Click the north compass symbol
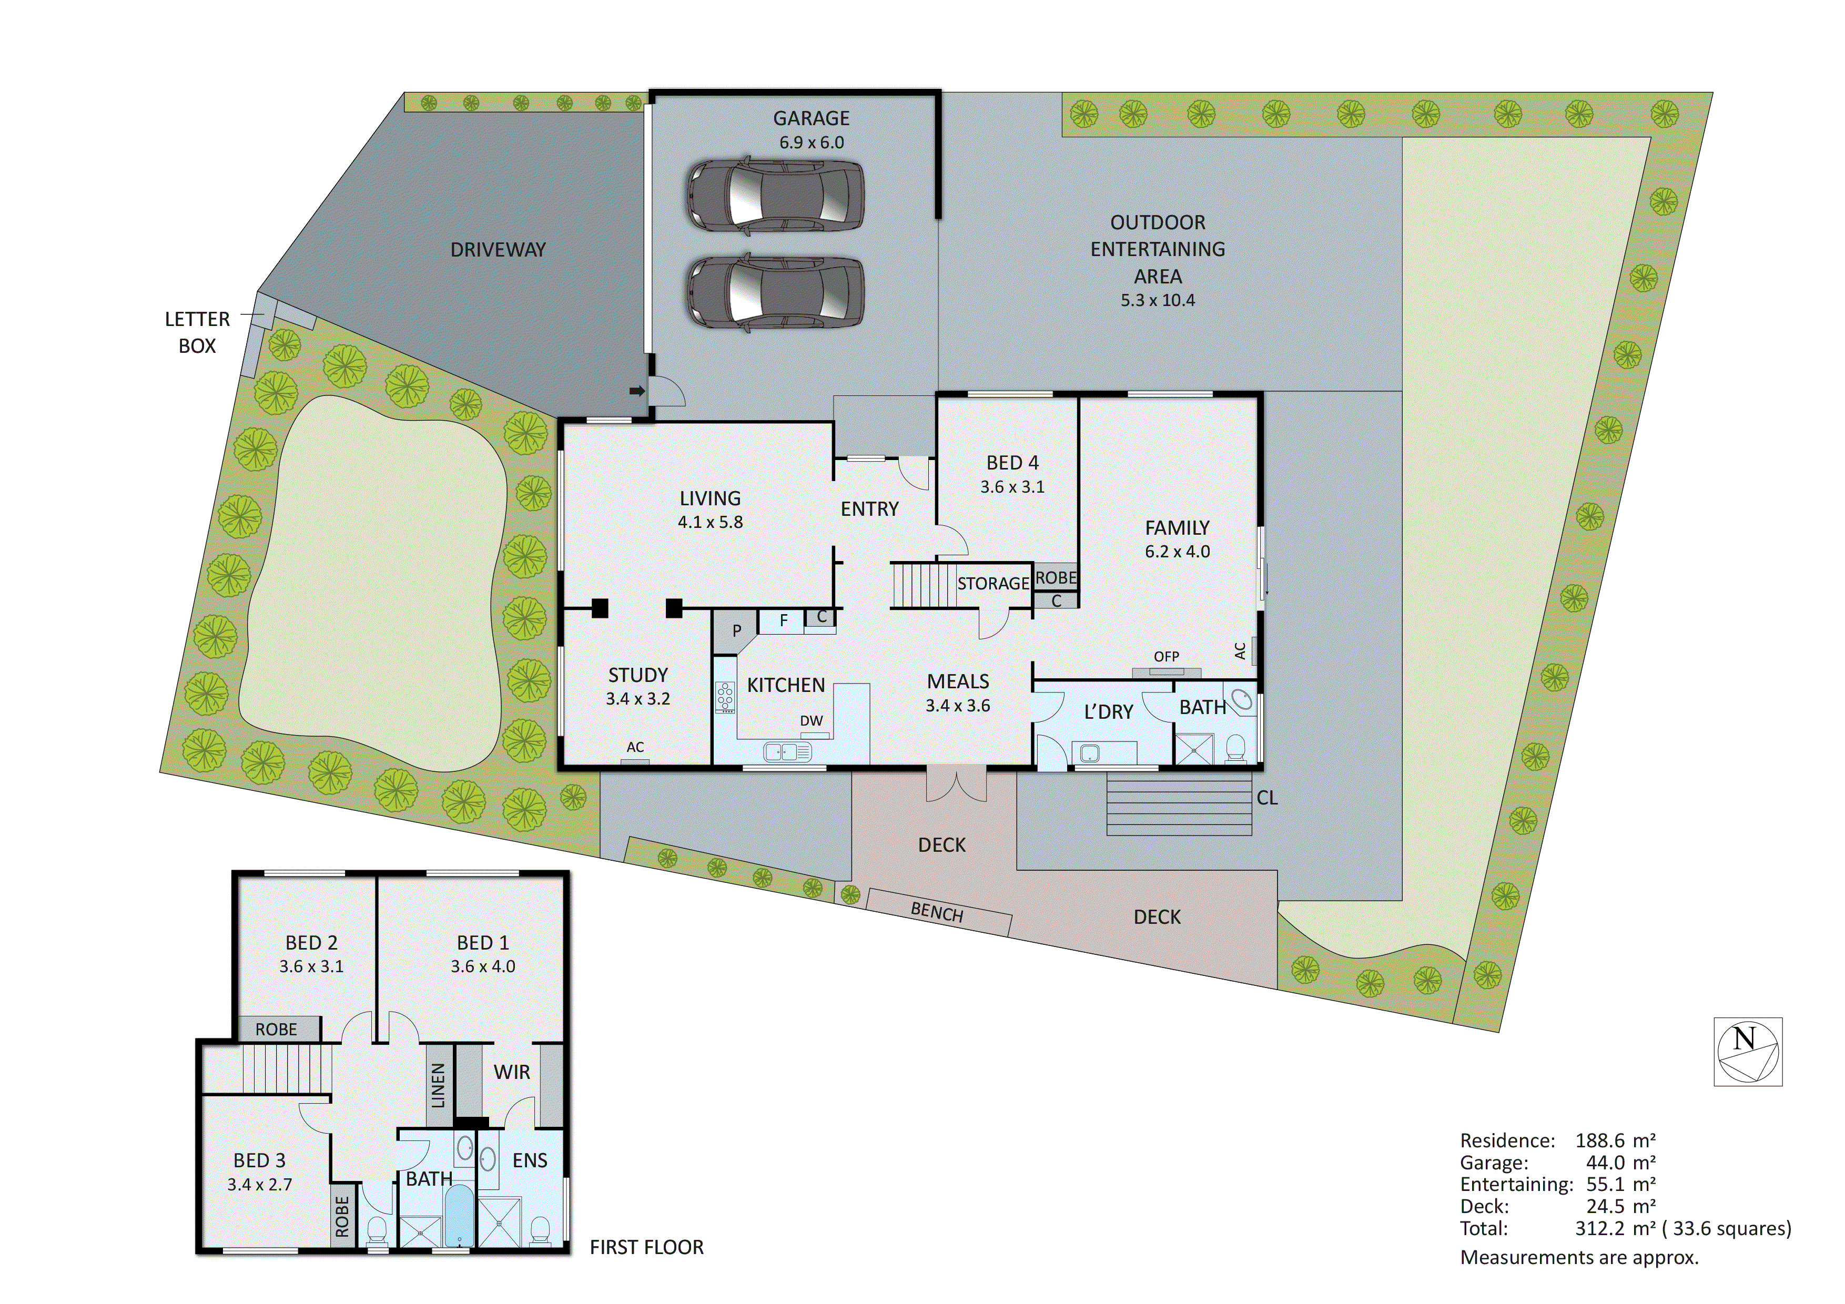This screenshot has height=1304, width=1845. click(x=1747, y=1052)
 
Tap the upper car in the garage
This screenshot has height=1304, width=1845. click(x=775, y=197)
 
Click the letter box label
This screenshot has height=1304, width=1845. click(x=197, y=332)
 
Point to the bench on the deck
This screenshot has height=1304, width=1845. click(x=937, y=913)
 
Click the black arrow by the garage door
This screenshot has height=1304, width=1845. click(x=636, y=391)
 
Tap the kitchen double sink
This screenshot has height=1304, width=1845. click(x=787, y=752)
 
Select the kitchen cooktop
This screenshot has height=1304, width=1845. click(x=726, y=697)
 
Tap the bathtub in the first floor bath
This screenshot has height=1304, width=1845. click(x=458, y=1217)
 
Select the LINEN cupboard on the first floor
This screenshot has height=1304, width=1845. click(x=439, y=1085)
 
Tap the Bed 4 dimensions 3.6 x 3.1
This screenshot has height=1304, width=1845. click(x=1012, y=487)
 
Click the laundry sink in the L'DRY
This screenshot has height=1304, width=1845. click(x=1090, y=753)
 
